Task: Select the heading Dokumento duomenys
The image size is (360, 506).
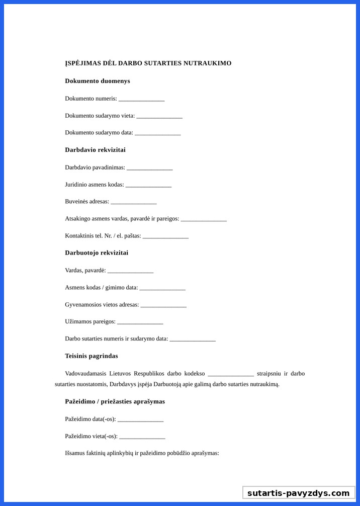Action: pos(98,81)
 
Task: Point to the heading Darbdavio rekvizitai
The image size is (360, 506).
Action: pos(95,150)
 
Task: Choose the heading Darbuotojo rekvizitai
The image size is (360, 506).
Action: pos(97,253)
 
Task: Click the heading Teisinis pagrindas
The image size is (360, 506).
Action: pos(92,356)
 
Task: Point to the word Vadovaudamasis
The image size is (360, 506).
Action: pos(85,374)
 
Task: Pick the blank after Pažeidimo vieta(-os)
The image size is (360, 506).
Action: pos(142,437)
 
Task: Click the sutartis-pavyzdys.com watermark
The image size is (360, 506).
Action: pos(298,493)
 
